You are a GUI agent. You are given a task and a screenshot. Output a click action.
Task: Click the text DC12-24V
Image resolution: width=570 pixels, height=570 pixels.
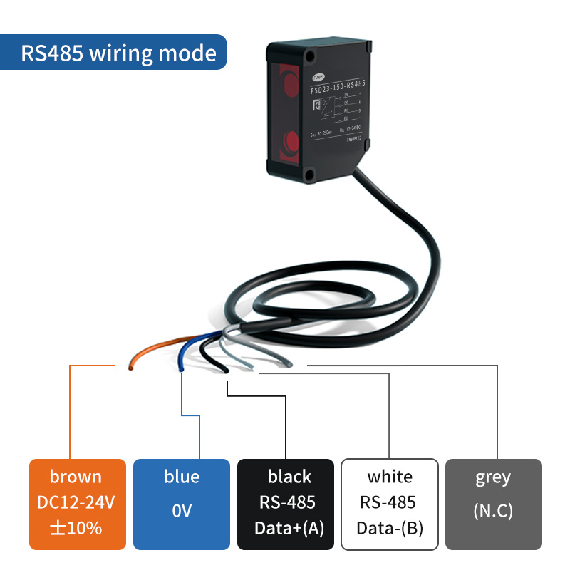76,503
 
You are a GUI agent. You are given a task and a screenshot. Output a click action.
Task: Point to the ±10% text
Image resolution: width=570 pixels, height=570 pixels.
76,528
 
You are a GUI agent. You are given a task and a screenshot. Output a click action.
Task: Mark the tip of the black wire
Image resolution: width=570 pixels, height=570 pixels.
225,370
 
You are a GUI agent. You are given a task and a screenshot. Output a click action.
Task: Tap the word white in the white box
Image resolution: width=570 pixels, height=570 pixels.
389,477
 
